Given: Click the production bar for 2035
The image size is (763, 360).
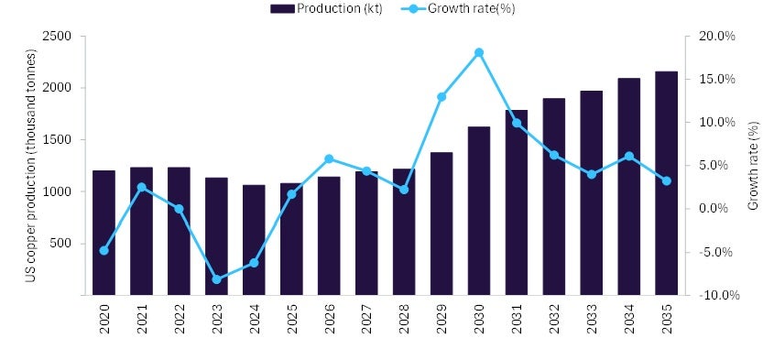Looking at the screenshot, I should (666, 183).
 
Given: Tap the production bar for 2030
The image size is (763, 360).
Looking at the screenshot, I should (479, 211).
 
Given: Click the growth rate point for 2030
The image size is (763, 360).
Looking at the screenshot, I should (479, 52).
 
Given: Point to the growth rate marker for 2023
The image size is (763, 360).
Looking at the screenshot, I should (216, 279).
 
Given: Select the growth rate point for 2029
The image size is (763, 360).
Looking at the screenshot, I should (441, 96).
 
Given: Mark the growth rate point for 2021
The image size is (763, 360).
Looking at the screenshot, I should (141, 187).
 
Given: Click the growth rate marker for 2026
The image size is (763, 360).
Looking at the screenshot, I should (329, 158).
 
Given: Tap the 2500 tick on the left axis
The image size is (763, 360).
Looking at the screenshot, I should (58, 37).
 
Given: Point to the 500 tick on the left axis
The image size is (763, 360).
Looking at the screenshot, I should (61, 244).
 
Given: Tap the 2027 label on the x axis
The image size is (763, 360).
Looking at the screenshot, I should (367, 322).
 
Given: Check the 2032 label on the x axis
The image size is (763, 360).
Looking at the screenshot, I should (554, 322).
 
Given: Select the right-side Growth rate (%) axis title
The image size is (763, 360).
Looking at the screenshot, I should (753, 166).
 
